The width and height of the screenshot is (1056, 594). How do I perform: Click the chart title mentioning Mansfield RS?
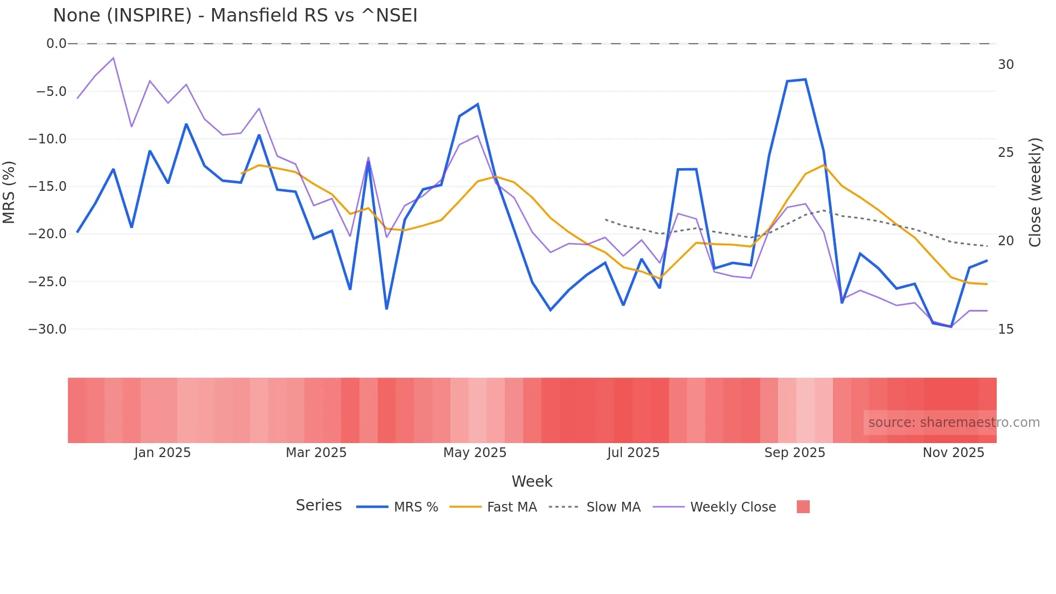pyautogui.click(x=235, y=16)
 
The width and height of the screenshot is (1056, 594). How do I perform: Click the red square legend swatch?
pyautogui.click(x=803, y=507)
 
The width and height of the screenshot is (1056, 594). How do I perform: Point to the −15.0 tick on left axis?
pyautogui.click(x=47, y=187)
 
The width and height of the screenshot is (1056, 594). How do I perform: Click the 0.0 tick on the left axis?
pyautogui.click(x=56, y=44)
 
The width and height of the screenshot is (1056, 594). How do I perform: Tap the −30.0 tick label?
pyautogui.click(x=47, y=329)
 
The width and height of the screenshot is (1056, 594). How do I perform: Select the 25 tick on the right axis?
pyautogui.click(x=1005, y=153)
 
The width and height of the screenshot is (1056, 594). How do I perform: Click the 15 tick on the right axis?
pyautogui.click(x=1005, y=329)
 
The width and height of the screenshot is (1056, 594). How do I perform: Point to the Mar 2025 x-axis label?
pyautogui.click(x=316, y=453)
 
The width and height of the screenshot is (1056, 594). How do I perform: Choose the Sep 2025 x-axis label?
pyautogui.click(x=795, y=453)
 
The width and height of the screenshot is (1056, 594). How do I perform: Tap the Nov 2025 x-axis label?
pyautogui.click(x=953, y=453)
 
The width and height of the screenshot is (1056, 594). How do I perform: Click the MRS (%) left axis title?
pyautogui.click(x=9, y=192)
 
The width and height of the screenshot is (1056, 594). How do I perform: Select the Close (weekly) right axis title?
pyautogui.click(x=1034, y=192)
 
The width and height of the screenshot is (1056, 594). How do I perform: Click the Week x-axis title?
pyautogui.click(x=532, y=481)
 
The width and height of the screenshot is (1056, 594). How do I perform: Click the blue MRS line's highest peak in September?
pyautogui.click(x=805, y=80)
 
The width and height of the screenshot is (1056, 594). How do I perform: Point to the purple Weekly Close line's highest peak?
pyautogui.click(x=113, y=58)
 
